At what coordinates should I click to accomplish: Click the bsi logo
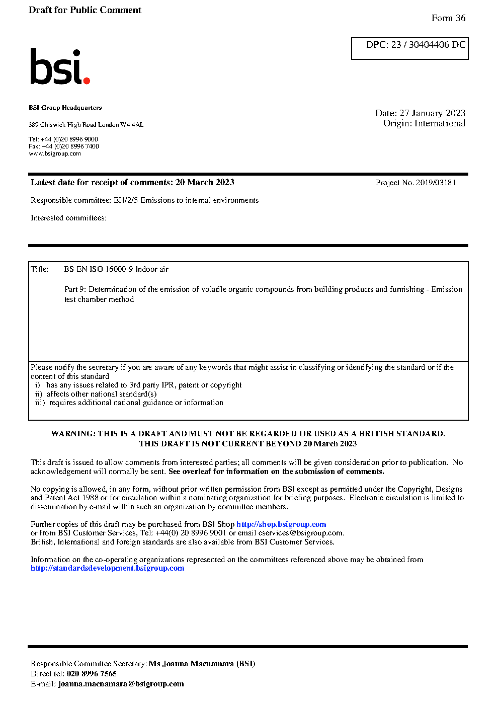60,67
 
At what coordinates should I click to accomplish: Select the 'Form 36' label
448,18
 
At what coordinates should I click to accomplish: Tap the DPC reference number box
410,48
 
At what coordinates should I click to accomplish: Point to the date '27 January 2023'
432,113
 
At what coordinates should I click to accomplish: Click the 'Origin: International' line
424,123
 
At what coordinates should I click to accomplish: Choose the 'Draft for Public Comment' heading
85,10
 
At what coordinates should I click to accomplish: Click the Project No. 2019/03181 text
415,183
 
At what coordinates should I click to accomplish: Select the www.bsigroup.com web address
55,153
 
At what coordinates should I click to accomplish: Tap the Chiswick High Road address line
86,125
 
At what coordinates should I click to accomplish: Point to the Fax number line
64,146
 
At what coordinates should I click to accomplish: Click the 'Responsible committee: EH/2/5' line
144,200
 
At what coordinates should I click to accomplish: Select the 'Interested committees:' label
68,218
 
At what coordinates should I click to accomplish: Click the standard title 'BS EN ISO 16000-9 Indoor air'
116,269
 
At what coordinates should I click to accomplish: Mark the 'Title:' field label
40,269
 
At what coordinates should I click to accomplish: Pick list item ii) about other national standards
96,394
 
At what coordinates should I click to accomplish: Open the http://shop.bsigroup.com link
281,524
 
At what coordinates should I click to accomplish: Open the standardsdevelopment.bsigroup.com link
107,568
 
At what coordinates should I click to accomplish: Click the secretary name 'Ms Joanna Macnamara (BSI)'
202,664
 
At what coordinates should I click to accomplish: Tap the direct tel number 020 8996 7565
92,674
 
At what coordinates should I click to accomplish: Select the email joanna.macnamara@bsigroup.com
121,684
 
